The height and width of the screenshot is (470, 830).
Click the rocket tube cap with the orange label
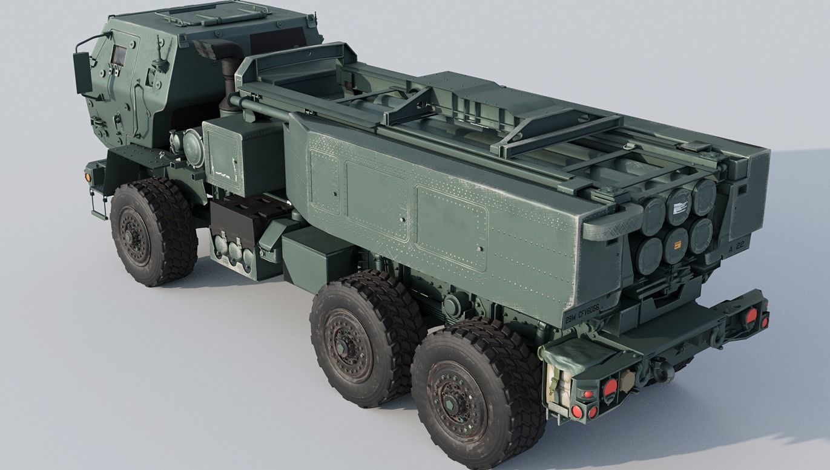click(676, 246)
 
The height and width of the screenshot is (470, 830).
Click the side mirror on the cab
click(82, 73)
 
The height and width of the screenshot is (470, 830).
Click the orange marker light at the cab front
click(88, 177)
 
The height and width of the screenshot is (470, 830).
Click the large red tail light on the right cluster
click(752, 315)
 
